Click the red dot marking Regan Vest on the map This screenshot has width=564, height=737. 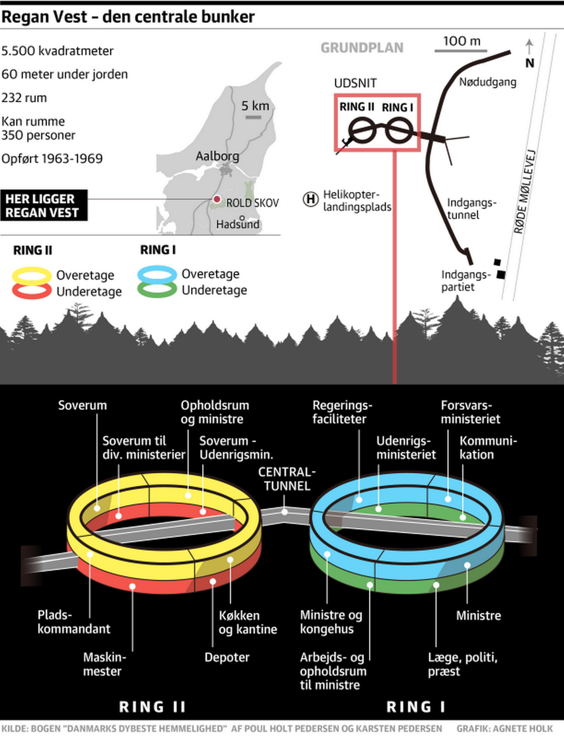coord(216,200)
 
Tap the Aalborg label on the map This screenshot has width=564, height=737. coord(217,156)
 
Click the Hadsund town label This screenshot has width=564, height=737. coord(237,224)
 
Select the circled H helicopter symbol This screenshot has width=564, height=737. coord(310,200)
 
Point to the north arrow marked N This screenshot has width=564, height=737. coord(529,53)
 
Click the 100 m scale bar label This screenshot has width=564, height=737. coord(461,41)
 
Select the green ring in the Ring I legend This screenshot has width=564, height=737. coord(157,290)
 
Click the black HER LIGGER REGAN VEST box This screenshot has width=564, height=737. coord(43,206)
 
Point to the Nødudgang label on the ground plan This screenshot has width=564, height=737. coord(488,82)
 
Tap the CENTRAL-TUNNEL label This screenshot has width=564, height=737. coord(287,479)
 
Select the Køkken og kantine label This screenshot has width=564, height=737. coord(247,622)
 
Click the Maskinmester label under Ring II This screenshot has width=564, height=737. coord(104,664)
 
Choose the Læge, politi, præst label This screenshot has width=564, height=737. coord(462,664)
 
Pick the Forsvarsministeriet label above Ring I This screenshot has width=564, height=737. coord(471,412)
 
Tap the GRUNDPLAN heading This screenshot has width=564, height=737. coord(362,48)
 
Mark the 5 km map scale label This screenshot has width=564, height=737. coord(255,106)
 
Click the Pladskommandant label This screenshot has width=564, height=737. coord(73,622)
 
